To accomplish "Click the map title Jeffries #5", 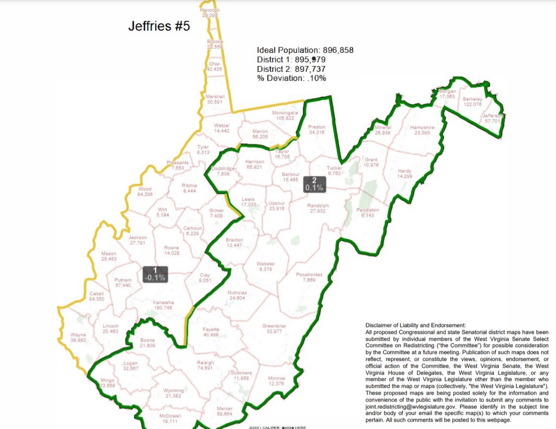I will pyautogui.click(x=158, y=26).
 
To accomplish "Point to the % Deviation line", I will pyautogui.click(x=291, y=78).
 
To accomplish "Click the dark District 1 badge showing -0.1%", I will pyautogui.click(x=155, y=274).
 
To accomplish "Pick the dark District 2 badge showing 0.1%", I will pyautogui.click(x=315, y=183).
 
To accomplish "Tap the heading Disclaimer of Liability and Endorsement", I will pyautogui.click(x=416, y=324).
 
